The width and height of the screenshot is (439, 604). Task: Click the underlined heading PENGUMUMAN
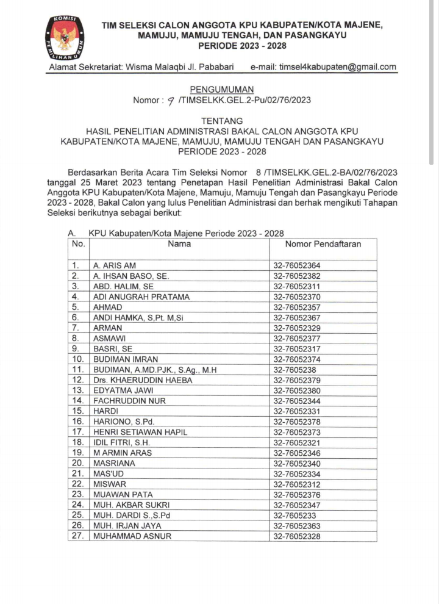coord(220,90)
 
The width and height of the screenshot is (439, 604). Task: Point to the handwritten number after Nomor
coord(170,101)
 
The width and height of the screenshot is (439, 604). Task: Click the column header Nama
coord(179,244)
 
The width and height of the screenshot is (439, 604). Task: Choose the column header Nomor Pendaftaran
coord(323,244)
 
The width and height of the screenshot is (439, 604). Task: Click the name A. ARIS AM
coord(114,266)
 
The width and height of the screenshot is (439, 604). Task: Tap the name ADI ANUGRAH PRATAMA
coord(141,297)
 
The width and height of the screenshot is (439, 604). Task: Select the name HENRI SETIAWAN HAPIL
coord(140,432)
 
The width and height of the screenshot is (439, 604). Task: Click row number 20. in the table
coord(77,463)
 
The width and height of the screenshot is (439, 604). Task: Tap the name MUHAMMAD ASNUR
coord(132,536)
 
